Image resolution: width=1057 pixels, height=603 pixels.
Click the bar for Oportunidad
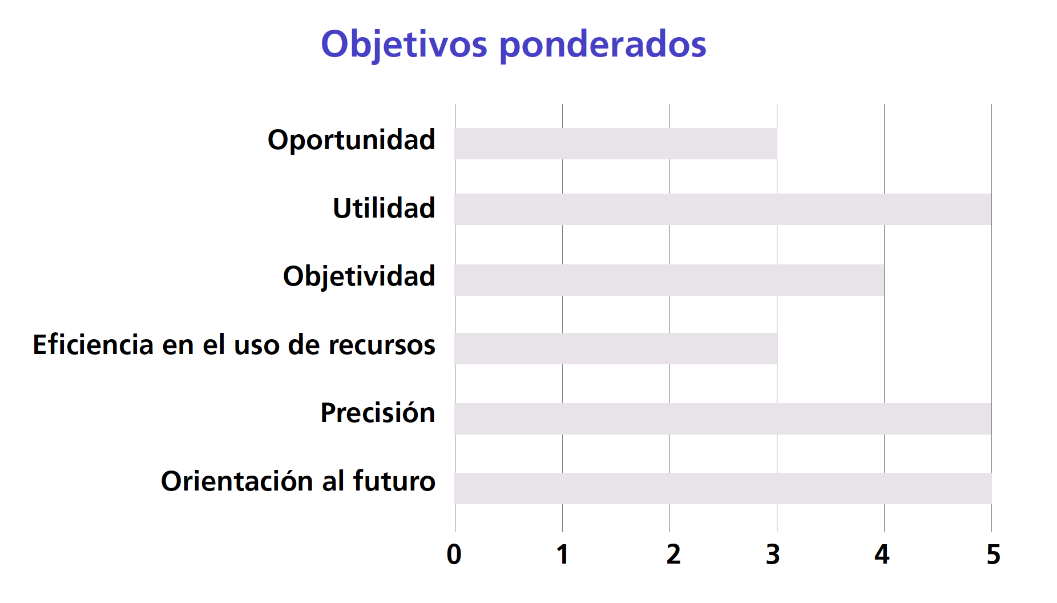click(616, 143)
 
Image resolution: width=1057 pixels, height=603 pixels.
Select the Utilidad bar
click(723, 209)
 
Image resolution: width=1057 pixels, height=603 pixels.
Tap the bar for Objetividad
click(669, 280)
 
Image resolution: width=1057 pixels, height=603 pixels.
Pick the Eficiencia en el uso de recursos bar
click(616, 348)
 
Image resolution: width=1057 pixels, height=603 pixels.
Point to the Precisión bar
click(723, 419)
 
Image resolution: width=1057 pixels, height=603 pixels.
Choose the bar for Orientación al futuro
click(723, 488)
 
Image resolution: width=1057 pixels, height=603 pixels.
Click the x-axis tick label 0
click(454, 554)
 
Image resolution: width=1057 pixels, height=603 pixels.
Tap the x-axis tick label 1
click(563, 554)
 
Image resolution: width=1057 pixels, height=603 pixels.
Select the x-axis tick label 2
click(673, 554)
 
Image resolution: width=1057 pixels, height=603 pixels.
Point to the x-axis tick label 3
click(773, 554)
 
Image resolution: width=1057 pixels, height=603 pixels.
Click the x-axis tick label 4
click(882, 554)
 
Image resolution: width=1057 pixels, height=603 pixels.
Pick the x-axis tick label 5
click(994, 554)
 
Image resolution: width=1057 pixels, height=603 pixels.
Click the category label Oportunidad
click(352, 140)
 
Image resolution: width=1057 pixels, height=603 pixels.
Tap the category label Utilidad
click(384, 208)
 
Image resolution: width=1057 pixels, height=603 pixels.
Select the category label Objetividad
click(360, 277)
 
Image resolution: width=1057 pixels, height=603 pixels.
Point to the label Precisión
click(378, 412)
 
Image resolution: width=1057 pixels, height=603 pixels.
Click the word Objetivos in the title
click(404, 45)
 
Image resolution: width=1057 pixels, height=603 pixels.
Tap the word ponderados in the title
click(603, 45)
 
